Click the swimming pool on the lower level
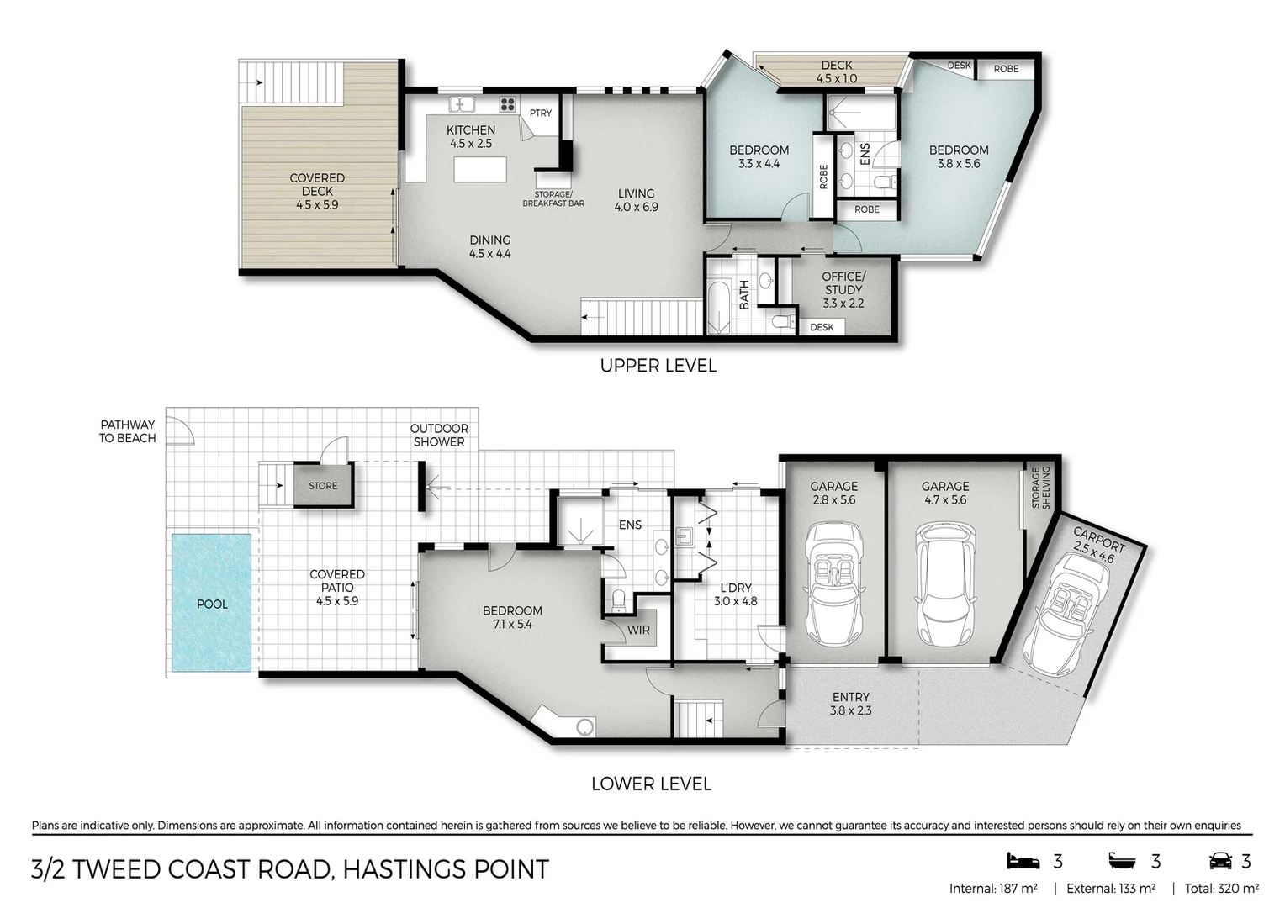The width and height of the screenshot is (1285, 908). [x=212, y=603]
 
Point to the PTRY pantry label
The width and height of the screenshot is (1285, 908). [x=541, y=113]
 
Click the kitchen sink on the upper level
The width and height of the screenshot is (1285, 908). [x=462, y=105]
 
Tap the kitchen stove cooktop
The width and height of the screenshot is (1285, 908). [x=508, y=105]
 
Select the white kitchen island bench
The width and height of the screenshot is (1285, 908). [x=481, y=169]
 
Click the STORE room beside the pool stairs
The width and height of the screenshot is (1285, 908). [x=323, y=485]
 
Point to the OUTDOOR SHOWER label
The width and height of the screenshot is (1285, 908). [x=439, y=435]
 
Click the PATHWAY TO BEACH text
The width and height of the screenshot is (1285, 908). [x=127, y=431]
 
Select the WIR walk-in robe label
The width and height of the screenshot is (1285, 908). [x=638, y=630]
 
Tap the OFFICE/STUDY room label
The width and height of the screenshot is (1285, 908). [x=843, y=289]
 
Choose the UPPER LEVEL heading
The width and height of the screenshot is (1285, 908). [x=658, y=366]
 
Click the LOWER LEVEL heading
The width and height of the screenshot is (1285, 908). [x=651, y=784]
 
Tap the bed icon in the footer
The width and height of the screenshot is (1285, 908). [x=1023, y=861]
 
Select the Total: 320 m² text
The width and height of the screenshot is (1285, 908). [x=1221, y=888]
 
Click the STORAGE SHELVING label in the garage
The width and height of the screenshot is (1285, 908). [x=1041, y=488]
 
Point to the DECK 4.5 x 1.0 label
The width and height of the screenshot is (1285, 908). [x=836, y=71]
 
